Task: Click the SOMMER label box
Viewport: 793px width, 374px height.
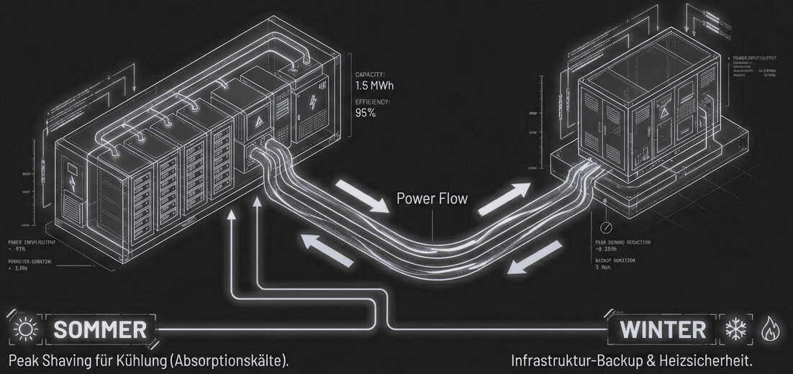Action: point(100,330)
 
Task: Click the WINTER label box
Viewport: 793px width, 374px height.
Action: point(663,329)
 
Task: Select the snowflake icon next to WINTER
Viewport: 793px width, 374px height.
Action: point(735,329)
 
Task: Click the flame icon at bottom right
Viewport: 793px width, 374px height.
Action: point(768,329)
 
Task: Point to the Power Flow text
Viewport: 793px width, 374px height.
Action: point(431,199)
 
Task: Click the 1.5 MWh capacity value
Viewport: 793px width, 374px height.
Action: point(374,86)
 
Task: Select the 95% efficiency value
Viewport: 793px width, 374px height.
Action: point(366,114)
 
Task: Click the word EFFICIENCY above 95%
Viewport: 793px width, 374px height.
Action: point(373,102)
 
